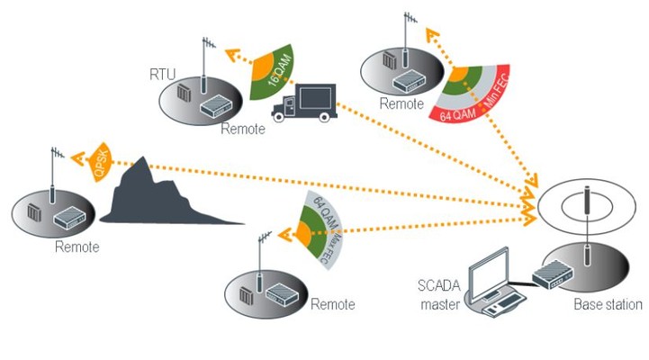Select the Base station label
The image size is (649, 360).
[x=608, y=305]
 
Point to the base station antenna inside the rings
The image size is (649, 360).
[x=585, y=205]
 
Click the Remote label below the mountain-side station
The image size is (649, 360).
[x=77, y=247]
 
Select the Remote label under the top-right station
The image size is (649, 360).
[x=401, y=103]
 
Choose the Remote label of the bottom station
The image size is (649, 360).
[x=332, y=304]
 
